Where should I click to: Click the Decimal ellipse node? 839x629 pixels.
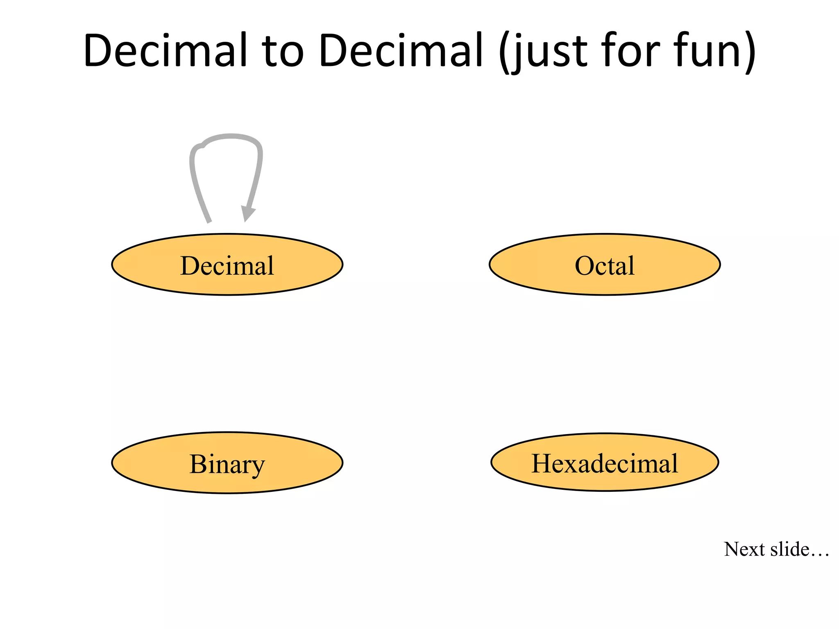227,265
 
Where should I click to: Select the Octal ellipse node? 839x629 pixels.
605,265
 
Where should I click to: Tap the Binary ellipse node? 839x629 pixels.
227,463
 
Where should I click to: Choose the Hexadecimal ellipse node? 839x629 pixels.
605,462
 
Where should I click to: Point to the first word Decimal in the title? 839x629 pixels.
165,51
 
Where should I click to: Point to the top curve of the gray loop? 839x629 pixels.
231,137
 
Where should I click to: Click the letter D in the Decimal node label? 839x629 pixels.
190,266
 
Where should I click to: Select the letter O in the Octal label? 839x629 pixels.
585,266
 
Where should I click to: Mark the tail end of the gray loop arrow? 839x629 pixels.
209,221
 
